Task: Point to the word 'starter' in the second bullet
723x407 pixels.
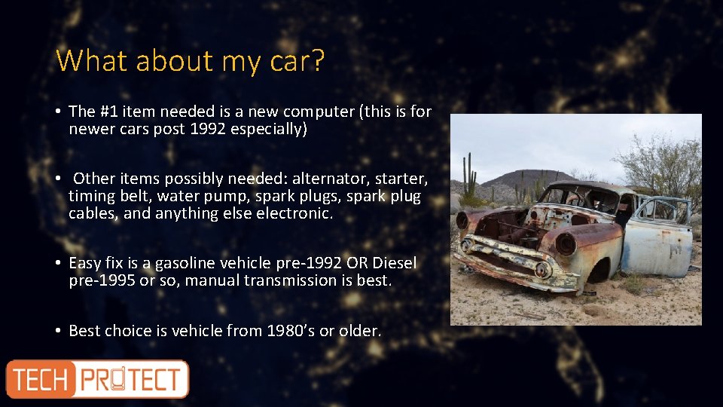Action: [x=398, y=179]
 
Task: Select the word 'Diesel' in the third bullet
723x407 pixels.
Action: [x=393, y=263]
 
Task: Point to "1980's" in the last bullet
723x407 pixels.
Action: [x=296, y=330]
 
